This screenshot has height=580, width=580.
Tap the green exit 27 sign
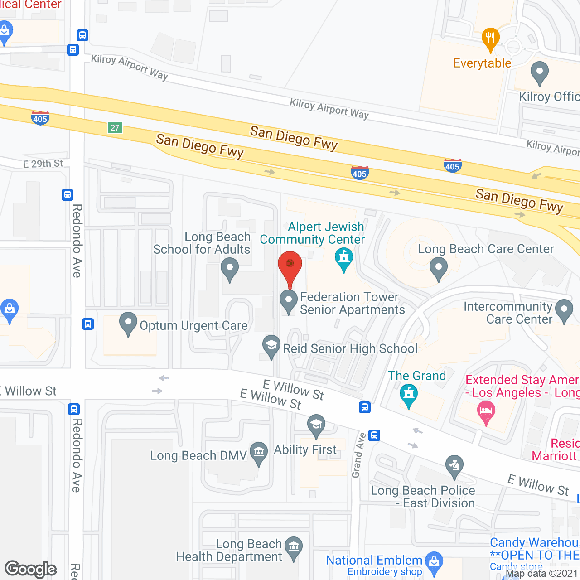pyautogui.click(x=115, y=128)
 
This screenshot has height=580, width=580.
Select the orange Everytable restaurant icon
pyautogui.click(x=490, y=38)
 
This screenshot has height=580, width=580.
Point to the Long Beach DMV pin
pyautogui.click(x=259, y=452)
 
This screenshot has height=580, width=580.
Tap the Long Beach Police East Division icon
pyautogui.click(x=454, y=466)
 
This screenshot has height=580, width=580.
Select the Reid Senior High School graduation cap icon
pyautogui.click(x=271, y=346)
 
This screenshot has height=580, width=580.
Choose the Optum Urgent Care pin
pyautogui.click(x=128, y=323)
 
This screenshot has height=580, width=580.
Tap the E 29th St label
pyautogui.click(x=43, y=164)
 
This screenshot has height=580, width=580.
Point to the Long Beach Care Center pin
pyautogui.click(x=438, y=268)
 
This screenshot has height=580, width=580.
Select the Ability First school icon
pyautogui.click(x=316, y=425)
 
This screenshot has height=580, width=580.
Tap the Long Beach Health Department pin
pyautogui.click(x=294, y=547)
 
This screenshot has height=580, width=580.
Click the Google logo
pyautogui.click(x=31, y=569)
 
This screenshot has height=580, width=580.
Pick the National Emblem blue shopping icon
pyautogui.click(x=434, y=562)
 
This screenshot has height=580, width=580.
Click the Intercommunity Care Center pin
pyautogui.click(x=564, y=310)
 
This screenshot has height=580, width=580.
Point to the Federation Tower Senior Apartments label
pyautogui.click(x=352, y=303)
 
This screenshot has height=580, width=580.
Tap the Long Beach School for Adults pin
pyautogui.click(x=230, y=268)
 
